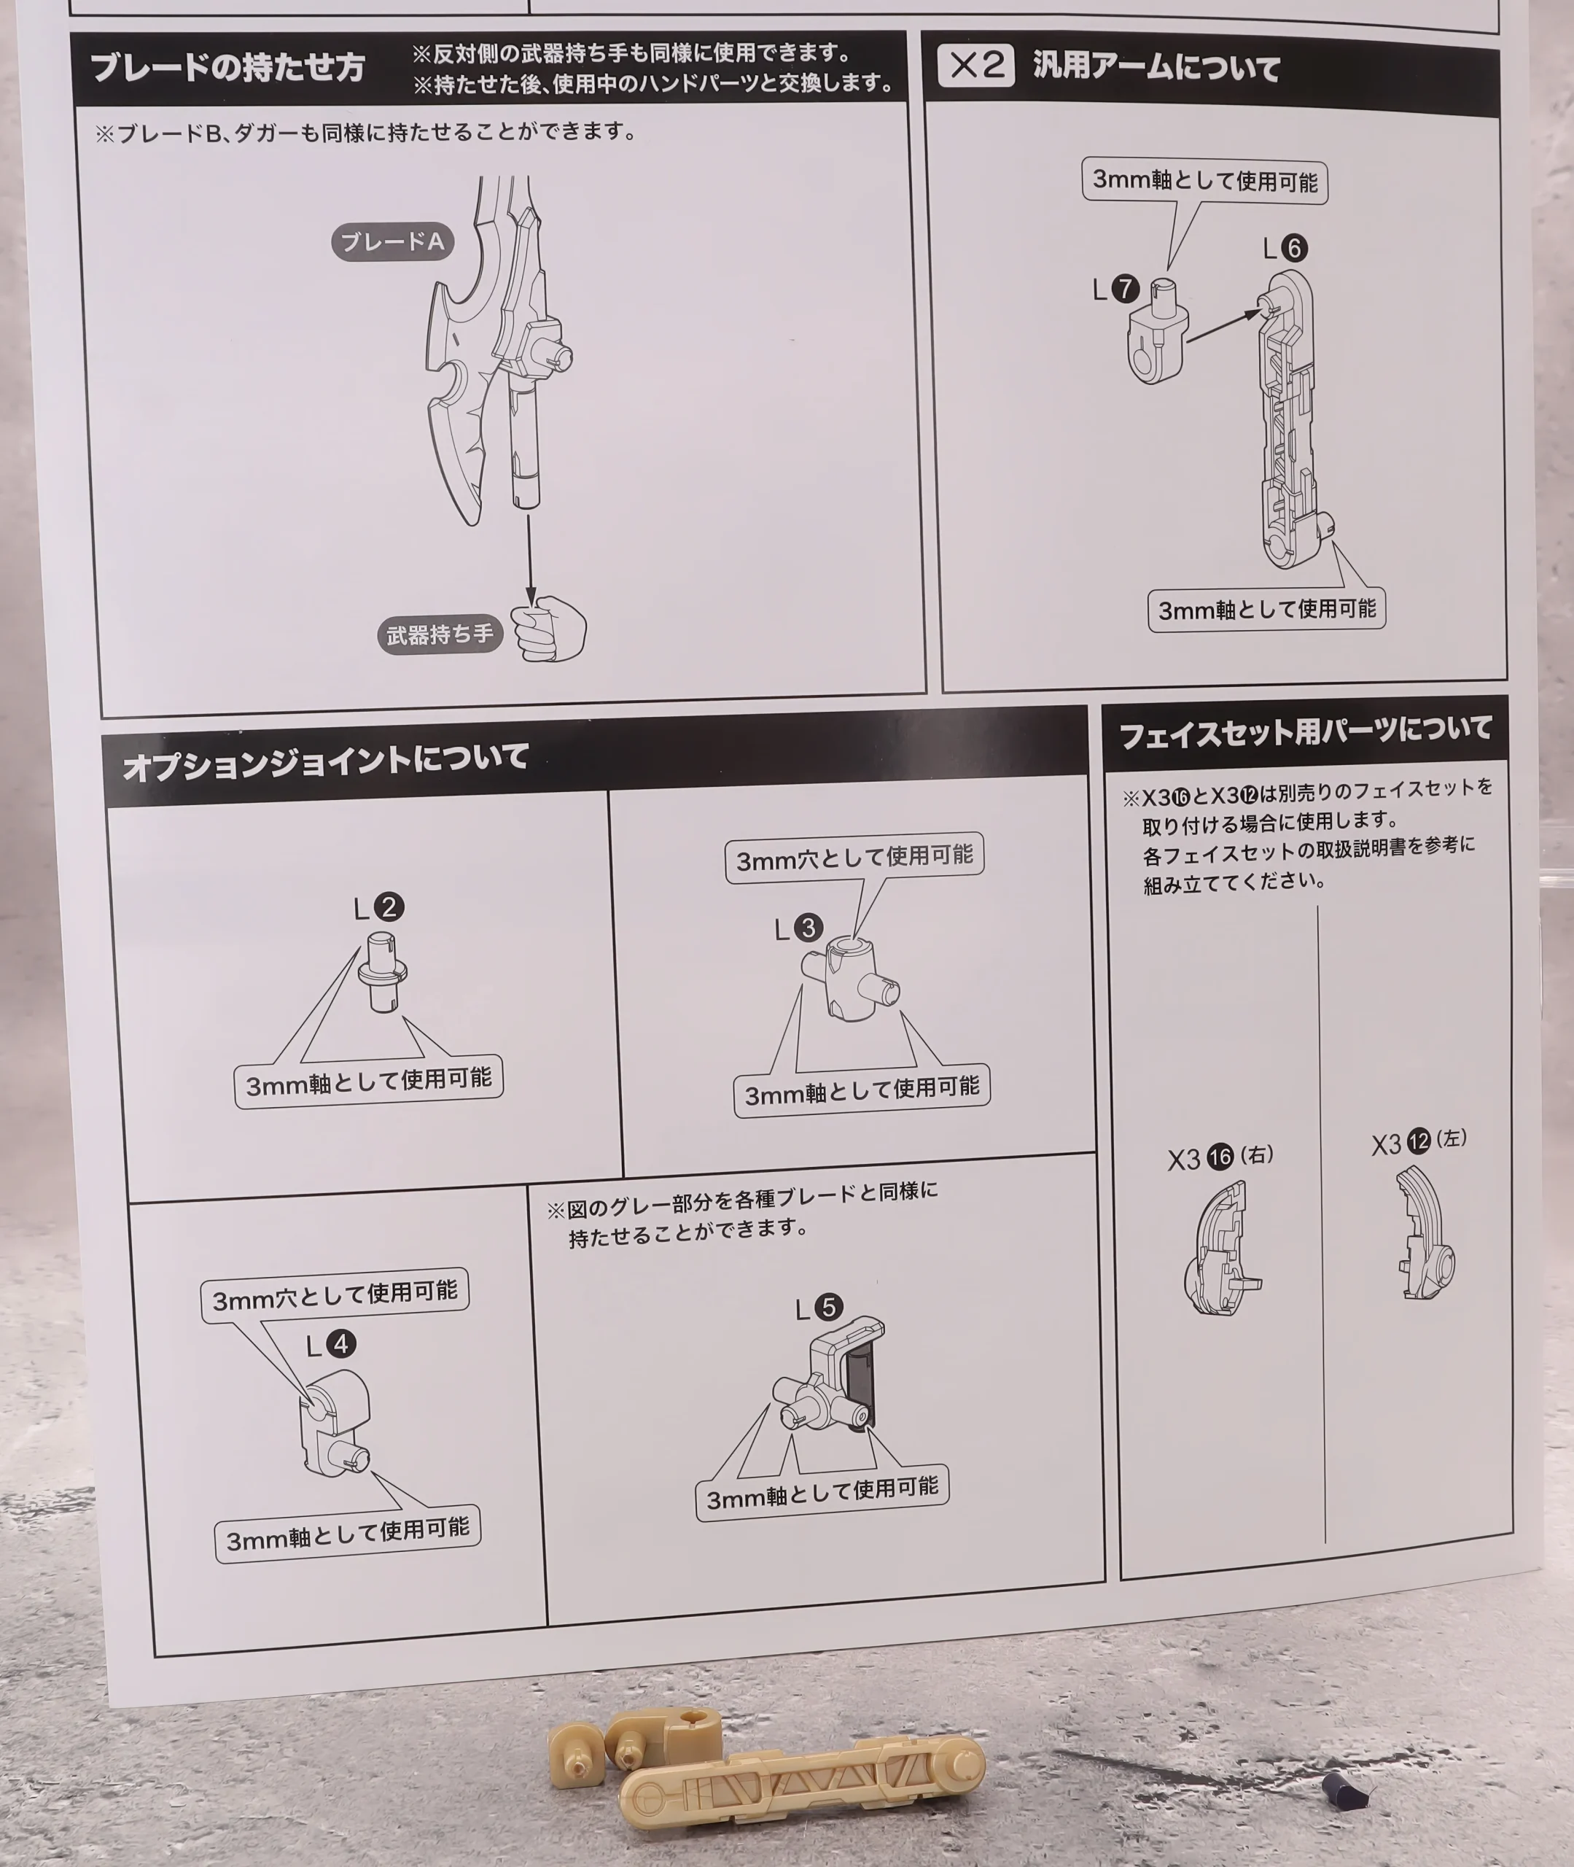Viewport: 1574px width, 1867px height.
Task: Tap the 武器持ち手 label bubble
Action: [439, 634]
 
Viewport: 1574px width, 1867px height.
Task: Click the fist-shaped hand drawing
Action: [550, 629]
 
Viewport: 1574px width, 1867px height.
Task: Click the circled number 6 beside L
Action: [1294, 248]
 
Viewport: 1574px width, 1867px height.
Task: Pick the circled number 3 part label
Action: [809, 928]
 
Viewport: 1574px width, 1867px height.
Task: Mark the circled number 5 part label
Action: [829, 1308]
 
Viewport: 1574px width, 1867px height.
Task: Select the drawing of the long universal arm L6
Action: [1290, 419]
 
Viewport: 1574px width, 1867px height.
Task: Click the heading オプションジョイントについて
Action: [326, 761]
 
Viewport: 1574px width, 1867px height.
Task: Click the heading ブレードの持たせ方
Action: [227, 67]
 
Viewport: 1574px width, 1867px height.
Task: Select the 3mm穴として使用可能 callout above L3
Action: [854, 858]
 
